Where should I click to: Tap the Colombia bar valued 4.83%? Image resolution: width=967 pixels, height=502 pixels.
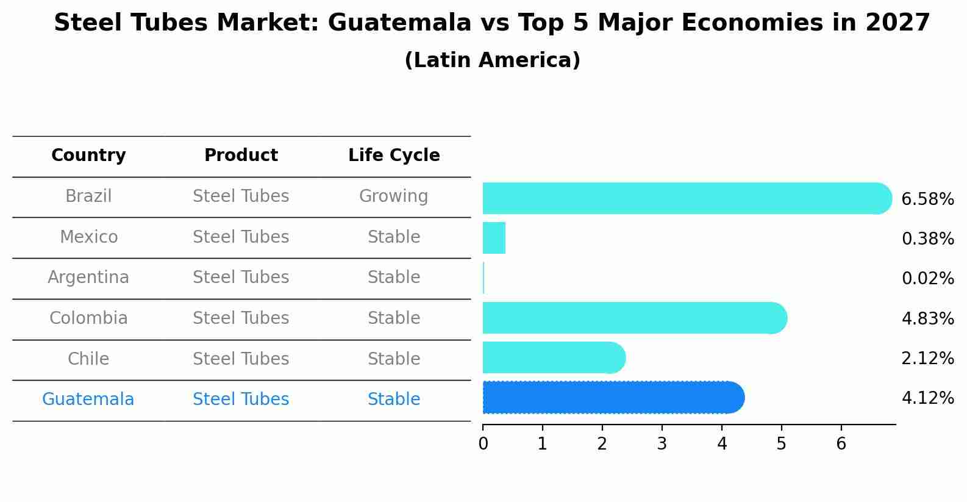(634, 318)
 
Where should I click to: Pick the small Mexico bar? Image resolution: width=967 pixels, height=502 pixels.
(494, 238)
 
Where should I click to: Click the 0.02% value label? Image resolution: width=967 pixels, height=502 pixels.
(927, 279)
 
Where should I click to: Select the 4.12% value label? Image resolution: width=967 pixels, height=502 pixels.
(927, 398)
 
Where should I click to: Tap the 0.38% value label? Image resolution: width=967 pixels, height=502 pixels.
(927, 238)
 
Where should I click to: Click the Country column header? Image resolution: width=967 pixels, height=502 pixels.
(88, 156)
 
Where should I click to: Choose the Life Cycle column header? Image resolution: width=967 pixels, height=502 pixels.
(394, 156)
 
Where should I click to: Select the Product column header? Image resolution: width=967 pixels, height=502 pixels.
(241, 156)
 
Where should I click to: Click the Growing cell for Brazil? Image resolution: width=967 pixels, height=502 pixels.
(393, 196)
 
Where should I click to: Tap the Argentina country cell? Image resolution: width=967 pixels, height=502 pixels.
(88, 278)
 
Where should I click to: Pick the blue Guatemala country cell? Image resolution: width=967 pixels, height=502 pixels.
(88, 400)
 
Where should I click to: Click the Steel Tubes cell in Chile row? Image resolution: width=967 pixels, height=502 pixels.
(241, 359)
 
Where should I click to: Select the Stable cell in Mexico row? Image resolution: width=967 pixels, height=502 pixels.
(393, 237)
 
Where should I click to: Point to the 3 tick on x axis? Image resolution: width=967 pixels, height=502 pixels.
(662, 444)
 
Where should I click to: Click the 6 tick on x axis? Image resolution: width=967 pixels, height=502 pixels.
(841, 444)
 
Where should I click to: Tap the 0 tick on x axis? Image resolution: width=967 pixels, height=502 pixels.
(483, 444)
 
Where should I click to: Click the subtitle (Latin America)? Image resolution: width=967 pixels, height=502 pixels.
(492, 60)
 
